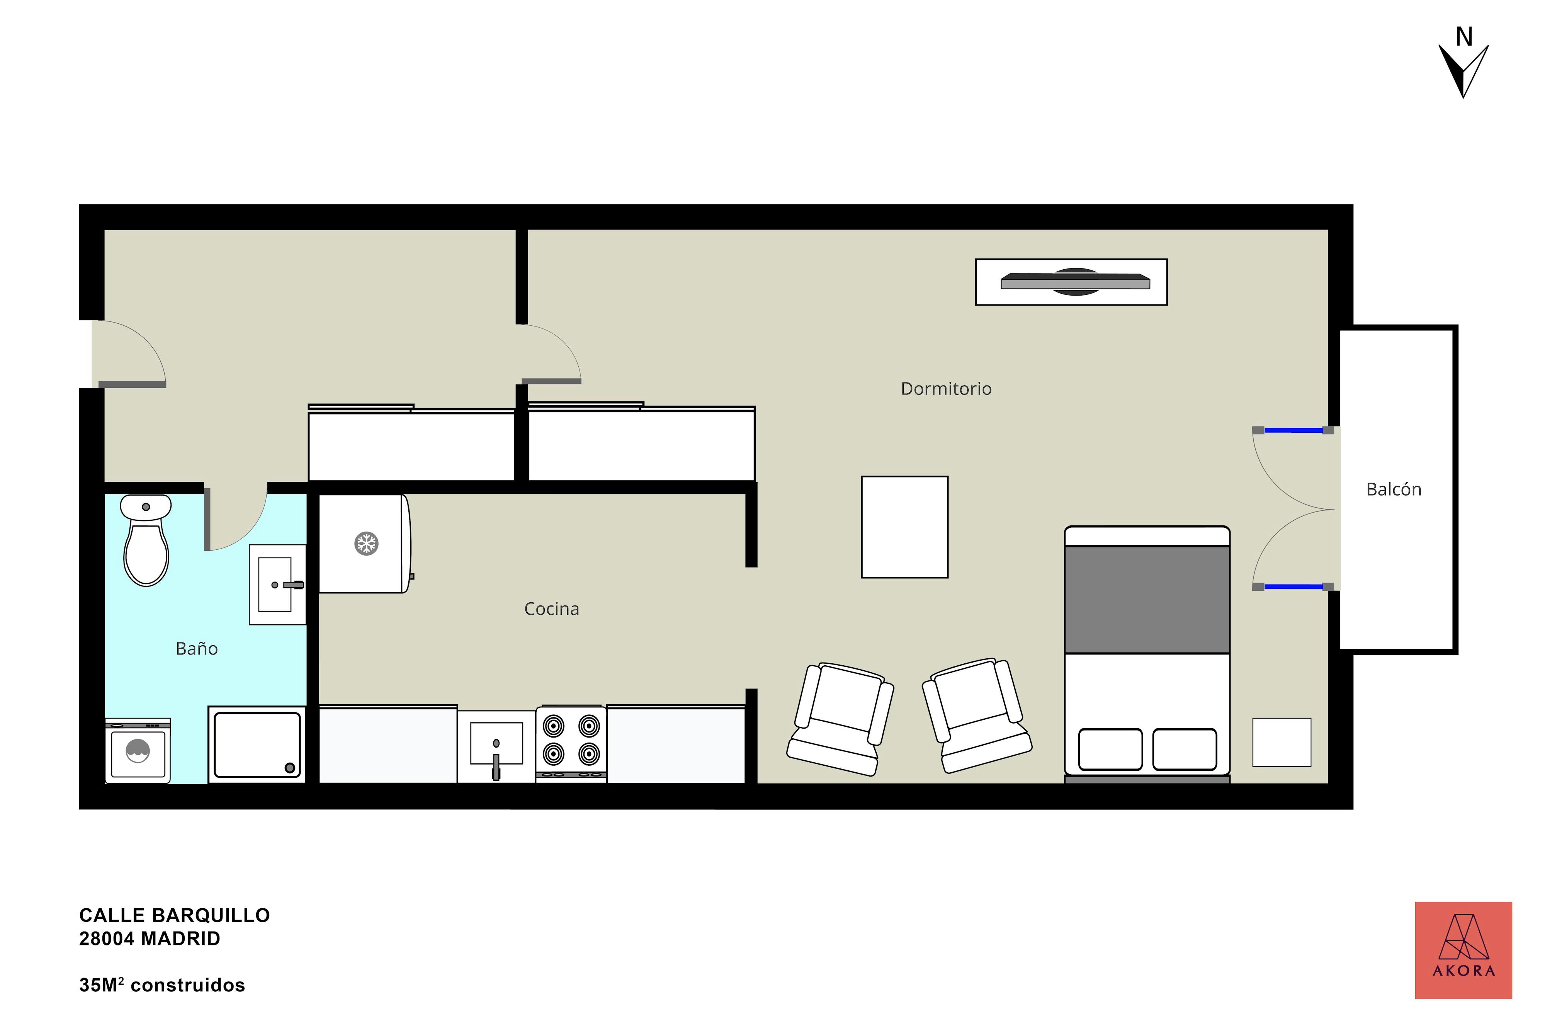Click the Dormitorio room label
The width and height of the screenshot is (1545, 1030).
point(946,389)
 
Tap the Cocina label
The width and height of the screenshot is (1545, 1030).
point(551,609)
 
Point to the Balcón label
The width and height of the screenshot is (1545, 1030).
point(1393,490)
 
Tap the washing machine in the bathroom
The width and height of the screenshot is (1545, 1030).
point(138,751)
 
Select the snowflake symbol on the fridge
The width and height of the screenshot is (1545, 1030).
point(367,544)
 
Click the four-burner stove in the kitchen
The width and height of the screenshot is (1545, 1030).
point(571,744)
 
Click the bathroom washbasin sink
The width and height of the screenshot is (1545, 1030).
point(277,585)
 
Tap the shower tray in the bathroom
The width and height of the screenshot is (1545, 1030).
point(257,745)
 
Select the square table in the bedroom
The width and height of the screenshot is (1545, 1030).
point(904,527)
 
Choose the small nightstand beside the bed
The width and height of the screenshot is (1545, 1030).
point(1282,742)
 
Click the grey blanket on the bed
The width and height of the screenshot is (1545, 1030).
point(1147,600)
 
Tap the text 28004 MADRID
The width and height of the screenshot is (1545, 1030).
point(150,939)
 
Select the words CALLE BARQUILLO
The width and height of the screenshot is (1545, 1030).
point(175,916)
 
